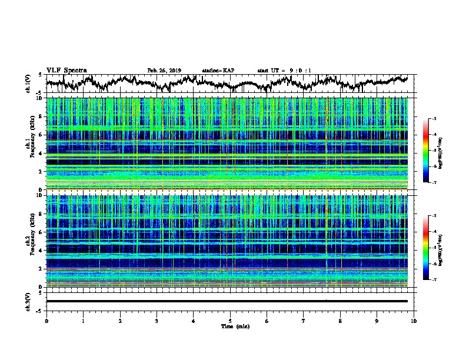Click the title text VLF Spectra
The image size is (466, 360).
(66, 70)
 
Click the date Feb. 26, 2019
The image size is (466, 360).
(164, 71)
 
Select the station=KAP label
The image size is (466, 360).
(218, 71)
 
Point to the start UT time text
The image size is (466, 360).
(284, 71)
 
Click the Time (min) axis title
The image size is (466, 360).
(230, 326)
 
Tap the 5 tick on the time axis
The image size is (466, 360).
(230, 320)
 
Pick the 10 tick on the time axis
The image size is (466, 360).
(414, 320)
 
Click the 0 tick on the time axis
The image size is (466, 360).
(46, 320)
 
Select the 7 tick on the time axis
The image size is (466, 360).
(304, 320)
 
